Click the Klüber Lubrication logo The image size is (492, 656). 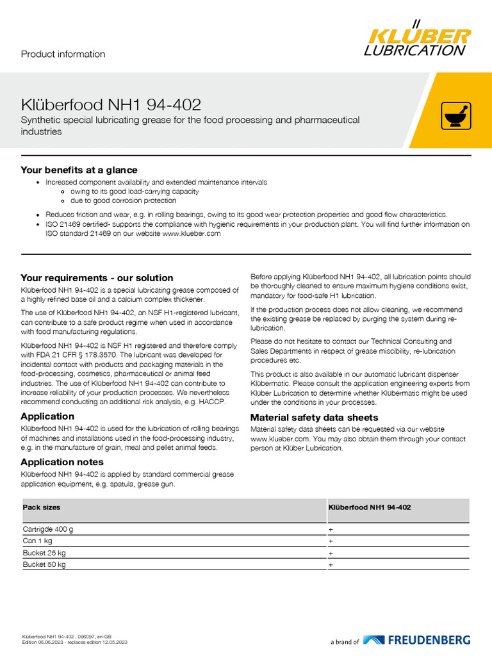[417, 38]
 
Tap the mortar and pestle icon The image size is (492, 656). [456, 116]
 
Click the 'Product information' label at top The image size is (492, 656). [63, 54]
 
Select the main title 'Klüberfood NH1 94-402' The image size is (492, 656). [111, 104]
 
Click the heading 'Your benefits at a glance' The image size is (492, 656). [79, 170]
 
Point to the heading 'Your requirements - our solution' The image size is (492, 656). [97, 278]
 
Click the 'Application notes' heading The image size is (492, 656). [62, 462]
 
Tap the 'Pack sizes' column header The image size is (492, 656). [42, 507]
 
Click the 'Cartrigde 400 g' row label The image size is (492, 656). [48, 530]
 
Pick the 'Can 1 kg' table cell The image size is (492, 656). [38, 541]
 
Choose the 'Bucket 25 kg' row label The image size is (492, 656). [44, 553]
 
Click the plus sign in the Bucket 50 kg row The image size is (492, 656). [331, 566]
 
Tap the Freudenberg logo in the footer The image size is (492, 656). [416, 640]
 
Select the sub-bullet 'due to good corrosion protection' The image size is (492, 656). [123, 201]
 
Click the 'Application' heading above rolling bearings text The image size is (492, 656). [47, 416]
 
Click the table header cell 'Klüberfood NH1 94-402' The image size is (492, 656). [370, 507]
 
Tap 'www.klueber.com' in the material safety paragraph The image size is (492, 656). [274, 439]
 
